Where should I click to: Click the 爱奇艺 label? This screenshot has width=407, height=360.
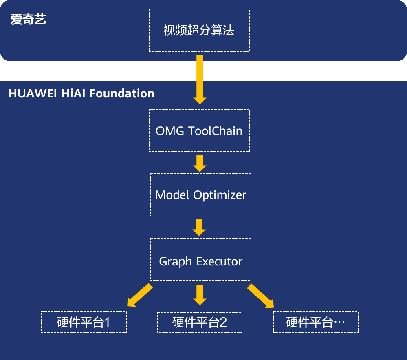[28, 20]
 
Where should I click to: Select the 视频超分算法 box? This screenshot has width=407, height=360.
[199, 31]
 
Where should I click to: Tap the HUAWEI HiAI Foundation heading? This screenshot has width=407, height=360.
[81, 93]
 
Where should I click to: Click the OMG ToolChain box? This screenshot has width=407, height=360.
[199, 130]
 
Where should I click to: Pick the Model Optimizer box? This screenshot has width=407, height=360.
[200, 195]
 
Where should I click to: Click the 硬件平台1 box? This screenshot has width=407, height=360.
[84, 322]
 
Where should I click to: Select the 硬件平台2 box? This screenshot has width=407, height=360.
[199, 322]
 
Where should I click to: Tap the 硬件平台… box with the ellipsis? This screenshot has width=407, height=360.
[315, 322]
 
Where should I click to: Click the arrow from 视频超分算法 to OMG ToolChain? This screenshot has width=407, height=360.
[200, 80]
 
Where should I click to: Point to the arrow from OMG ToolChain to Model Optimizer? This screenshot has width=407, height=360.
[200, 163]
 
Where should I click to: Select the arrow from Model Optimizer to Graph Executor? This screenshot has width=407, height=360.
[199, 227]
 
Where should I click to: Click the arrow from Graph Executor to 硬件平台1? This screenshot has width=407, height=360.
[139, 295]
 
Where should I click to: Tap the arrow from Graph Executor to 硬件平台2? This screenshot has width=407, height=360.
[200, 295]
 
